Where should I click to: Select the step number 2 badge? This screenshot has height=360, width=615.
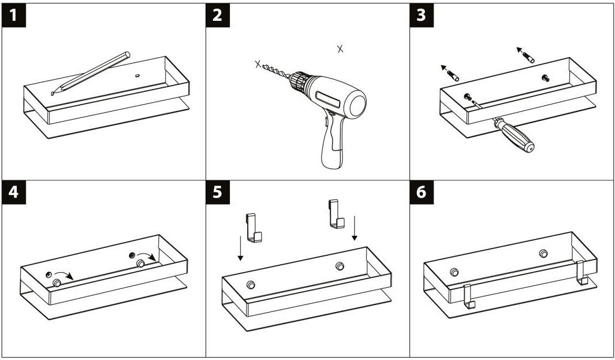click(217, 15)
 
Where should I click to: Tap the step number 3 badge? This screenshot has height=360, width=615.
click(421, 15)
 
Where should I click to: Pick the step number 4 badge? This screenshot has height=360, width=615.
click(13, 192)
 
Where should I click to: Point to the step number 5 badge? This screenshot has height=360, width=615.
click(217, 192)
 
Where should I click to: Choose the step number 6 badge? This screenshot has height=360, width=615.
click(421, 192)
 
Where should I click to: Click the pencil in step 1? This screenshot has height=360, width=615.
click(92, 72)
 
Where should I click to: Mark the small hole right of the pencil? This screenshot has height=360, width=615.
click(137, 75)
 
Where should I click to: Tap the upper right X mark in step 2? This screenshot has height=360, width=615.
click(340, 49)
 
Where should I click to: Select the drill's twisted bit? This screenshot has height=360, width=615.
click(276, 70)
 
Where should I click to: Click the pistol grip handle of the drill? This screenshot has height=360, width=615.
click(332, 144)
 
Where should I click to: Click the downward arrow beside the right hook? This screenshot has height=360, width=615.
click(355, 228)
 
